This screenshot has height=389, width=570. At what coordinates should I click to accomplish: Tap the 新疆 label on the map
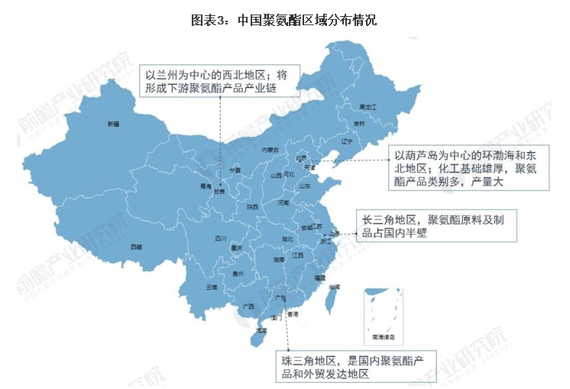[113, 124]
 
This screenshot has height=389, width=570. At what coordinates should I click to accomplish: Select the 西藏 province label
[136, 247]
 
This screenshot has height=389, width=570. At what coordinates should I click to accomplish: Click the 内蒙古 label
[271, 150]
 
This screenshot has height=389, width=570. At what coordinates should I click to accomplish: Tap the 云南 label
[212, 287]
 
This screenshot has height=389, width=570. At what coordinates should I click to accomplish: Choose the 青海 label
[205, 186]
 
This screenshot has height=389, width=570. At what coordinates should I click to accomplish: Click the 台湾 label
[334, 287]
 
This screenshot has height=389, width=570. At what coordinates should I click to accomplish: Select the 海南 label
[261, 331]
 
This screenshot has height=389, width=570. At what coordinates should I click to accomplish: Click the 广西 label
[248, 306]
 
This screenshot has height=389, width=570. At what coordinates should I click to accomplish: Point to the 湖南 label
[279, 260]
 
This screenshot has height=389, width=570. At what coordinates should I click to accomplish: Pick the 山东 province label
[304, 186]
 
